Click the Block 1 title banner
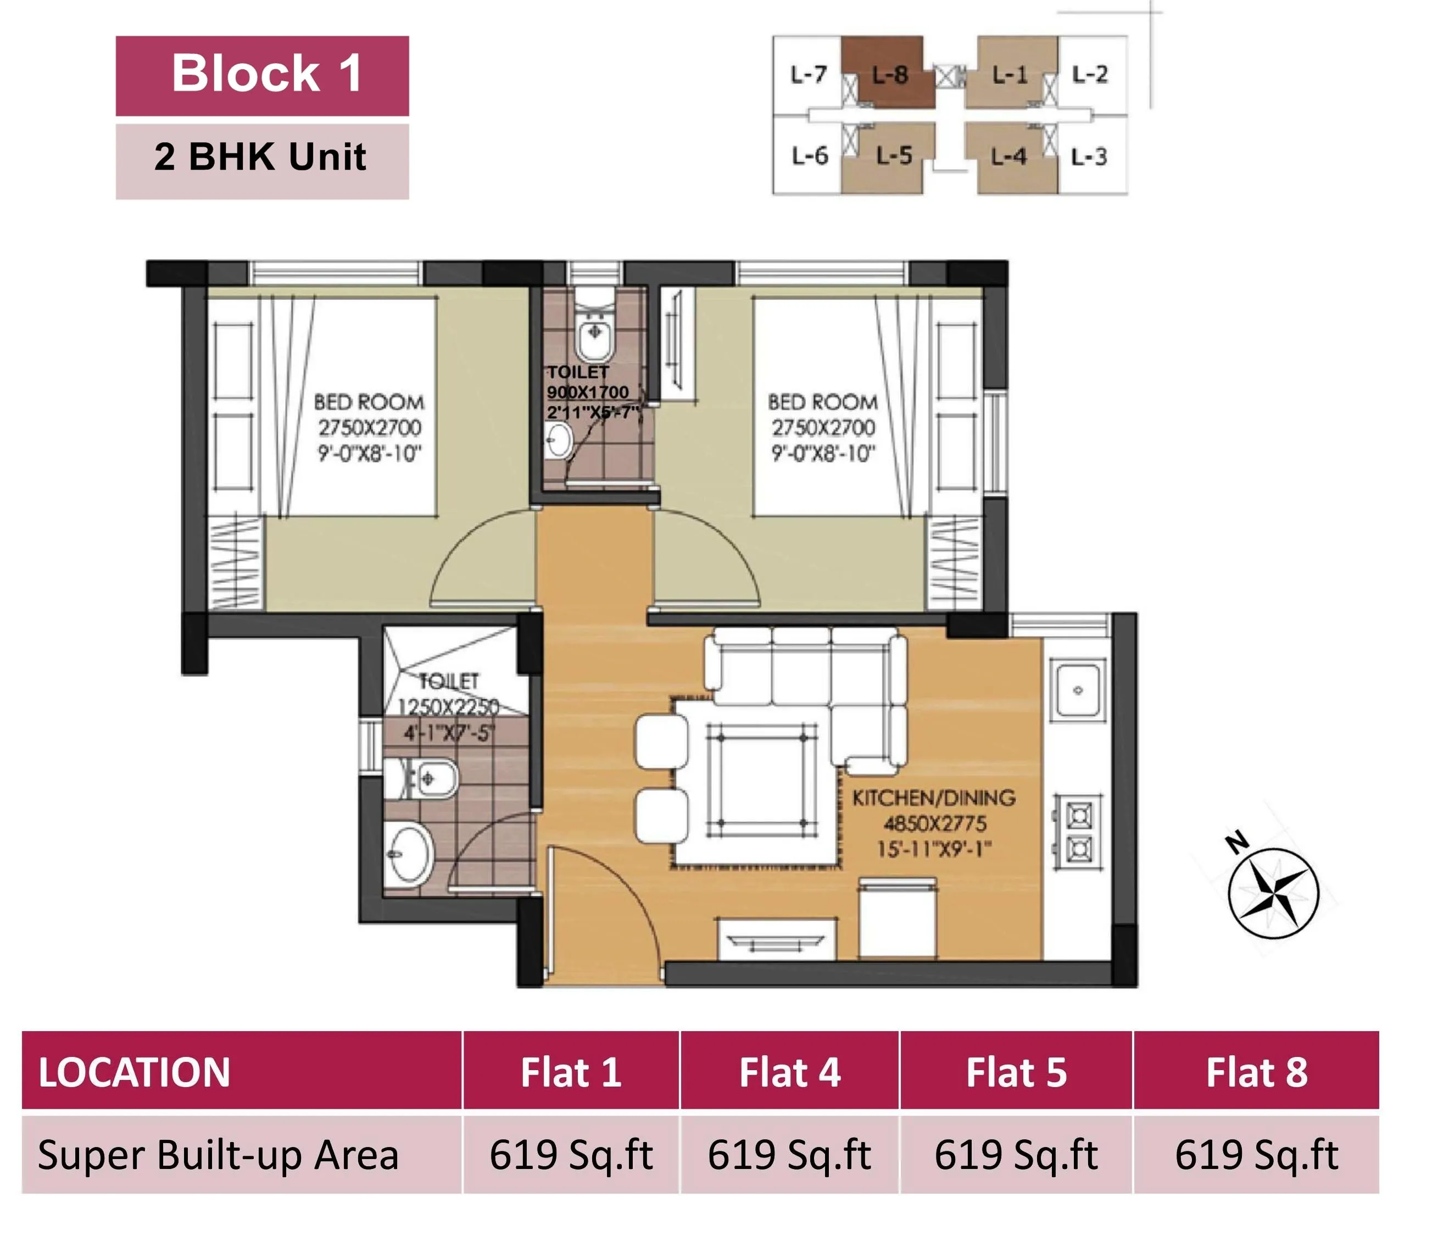[262, 76]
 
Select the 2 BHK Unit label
[262, 157]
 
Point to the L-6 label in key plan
[809, 155]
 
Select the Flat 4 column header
[789, 1072]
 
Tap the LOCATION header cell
[134, 1072]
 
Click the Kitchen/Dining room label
[934, 798]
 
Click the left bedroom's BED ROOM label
[369, 402]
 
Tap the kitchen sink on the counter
[1078, 691]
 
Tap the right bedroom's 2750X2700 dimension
[823, 427]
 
